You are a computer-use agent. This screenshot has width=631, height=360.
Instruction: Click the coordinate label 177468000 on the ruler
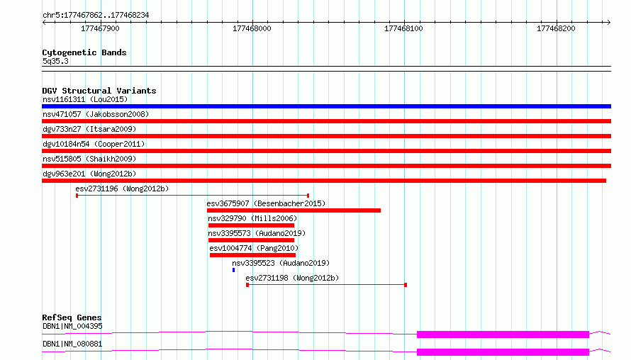[252, 28]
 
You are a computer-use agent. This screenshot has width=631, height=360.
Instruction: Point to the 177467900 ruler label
[100, 28]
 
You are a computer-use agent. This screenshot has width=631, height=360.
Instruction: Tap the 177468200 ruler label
[556, 28]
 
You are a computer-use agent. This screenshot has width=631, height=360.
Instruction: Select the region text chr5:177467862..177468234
[96, 16]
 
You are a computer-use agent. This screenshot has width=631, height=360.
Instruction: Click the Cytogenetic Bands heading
[84, 52]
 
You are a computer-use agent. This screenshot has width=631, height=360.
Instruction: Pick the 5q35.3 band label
[55, 62]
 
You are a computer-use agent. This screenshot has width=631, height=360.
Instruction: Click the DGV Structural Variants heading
[99, 91]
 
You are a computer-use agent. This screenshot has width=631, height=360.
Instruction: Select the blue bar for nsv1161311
[326, 106]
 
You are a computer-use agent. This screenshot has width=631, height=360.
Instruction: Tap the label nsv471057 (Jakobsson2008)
[96, 114]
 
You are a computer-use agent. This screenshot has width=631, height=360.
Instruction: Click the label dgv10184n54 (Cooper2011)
[94, 144]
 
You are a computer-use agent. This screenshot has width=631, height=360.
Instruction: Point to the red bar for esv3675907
[294, 210]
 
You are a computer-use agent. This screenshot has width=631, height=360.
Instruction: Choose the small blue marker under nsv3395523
[233, 270]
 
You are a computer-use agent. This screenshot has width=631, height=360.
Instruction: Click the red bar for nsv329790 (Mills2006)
[251, 225]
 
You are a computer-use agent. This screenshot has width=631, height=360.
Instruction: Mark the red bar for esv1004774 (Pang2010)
[252, 255]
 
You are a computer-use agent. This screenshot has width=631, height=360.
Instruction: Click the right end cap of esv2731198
[406, 285]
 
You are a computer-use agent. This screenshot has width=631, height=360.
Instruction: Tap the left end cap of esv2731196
[77, 196]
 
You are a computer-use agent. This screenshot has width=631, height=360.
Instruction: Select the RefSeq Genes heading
[72, 317]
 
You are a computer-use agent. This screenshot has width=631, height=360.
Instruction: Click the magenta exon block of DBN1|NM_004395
[503, 334]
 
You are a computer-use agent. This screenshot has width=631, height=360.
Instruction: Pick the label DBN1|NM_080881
[72, 344]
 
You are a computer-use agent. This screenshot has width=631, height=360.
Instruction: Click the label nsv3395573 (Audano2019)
[257, 233]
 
